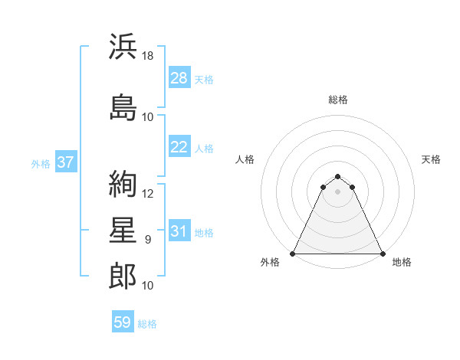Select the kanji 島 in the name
pos(123,106)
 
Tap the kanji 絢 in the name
pos(123,183)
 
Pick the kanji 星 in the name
pos(123,231)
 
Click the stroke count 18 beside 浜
pos(149,56)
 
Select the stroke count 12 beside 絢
pos(149,193)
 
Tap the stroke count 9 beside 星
pos(148,240)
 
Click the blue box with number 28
pos(179,78)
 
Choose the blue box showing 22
pos(179,147)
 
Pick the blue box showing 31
pos(179,231)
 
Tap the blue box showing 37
pos(65,162)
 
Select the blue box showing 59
pos(122,322)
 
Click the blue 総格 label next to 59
pos(147,324)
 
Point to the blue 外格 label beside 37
pos(41,163)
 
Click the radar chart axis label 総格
pos(338,100)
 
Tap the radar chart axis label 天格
pos(432,159)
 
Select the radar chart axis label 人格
pos(245,159)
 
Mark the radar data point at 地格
pos(383,253)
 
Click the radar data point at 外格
pos(293,253)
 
